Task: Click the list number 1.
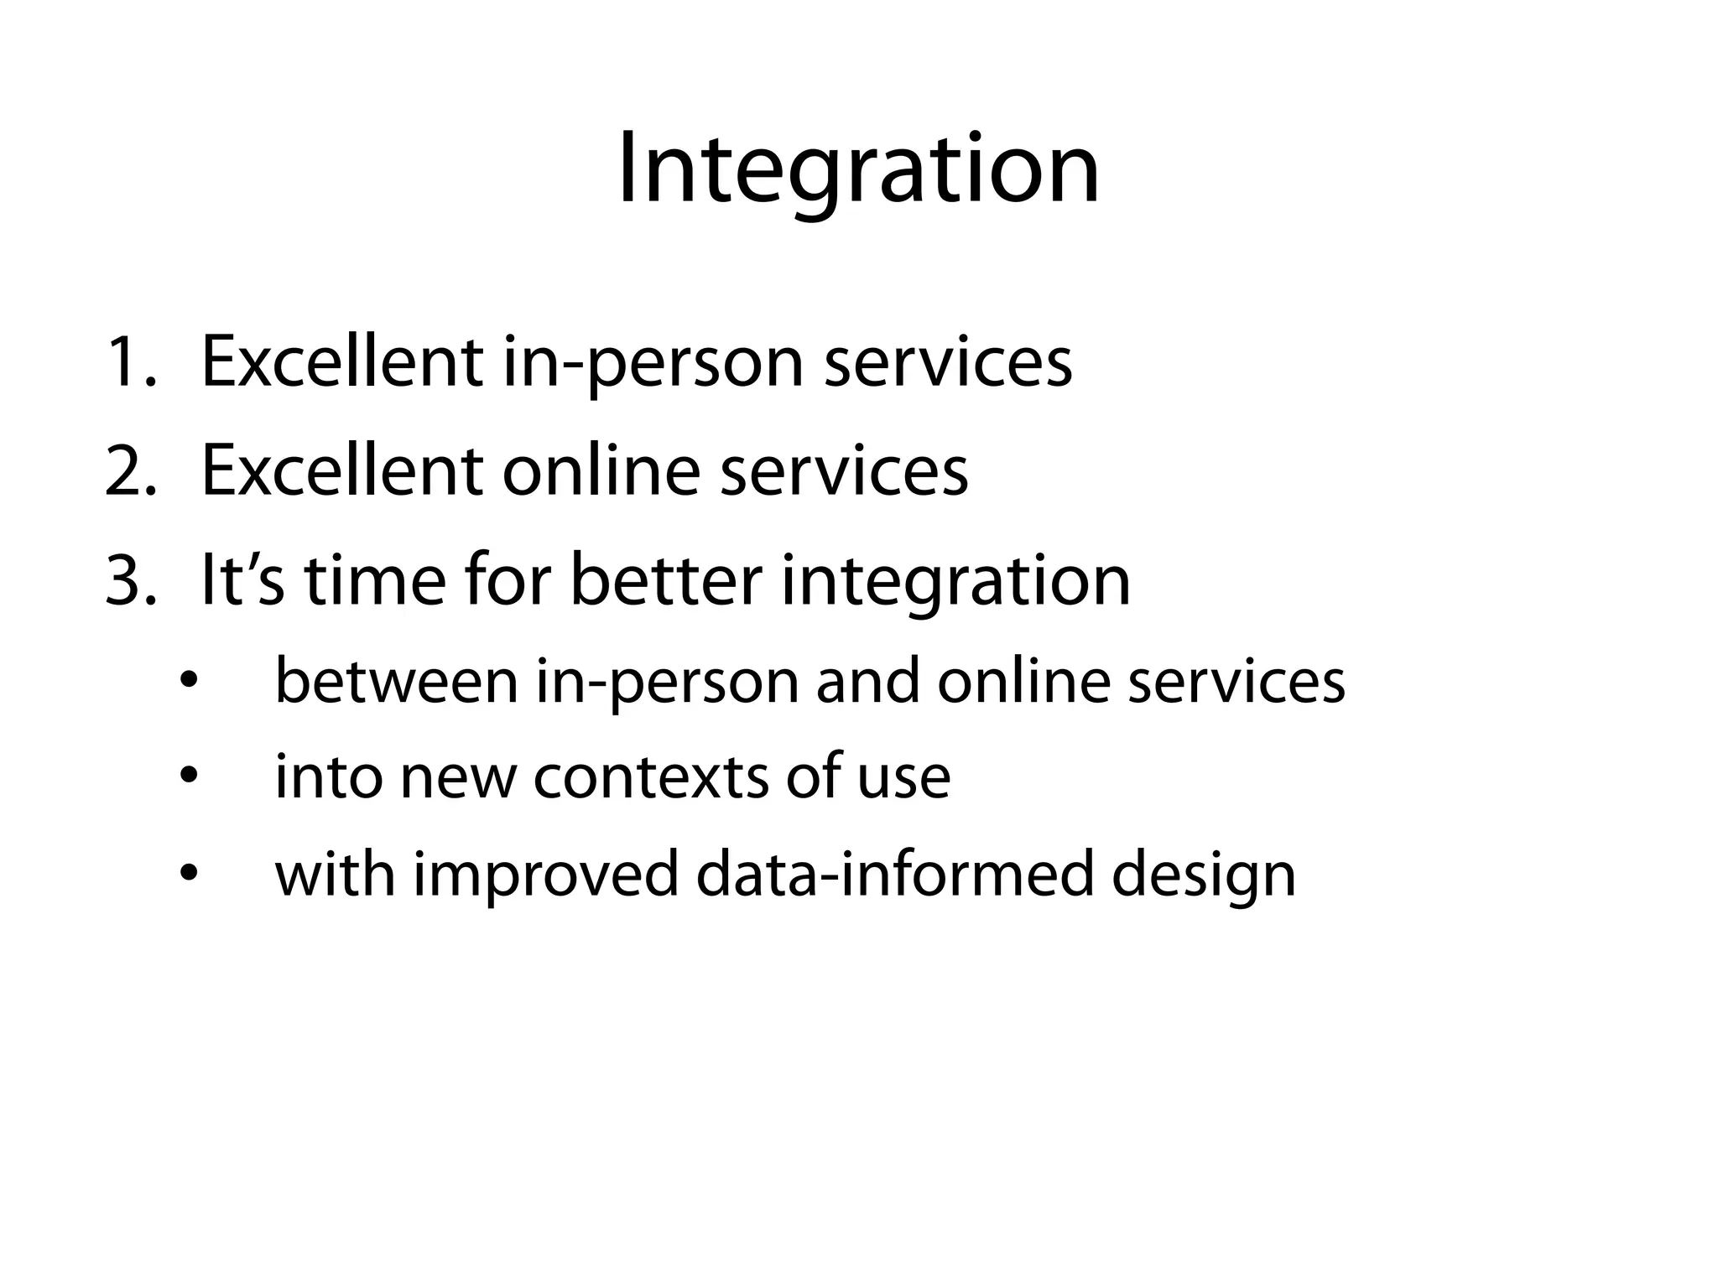pos(131,363)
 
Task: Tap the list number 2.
pos(131,471)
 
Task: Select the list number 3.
pos(131,580)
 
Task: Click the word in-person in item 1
pos(653,365)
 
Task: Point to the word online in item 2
pos(601,471)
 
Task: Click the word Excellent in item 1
pos(341,363)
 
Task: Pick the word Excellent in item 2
pos(341,471)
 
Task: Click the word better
pos(666,580)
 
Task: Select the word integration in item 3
pos(955,582)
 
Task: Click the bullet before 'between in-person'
pos(189,682)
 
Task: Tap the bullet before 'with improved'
pos(189,875)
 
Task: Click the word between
pos(396,681)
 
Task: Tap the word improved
pos(545,876)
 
